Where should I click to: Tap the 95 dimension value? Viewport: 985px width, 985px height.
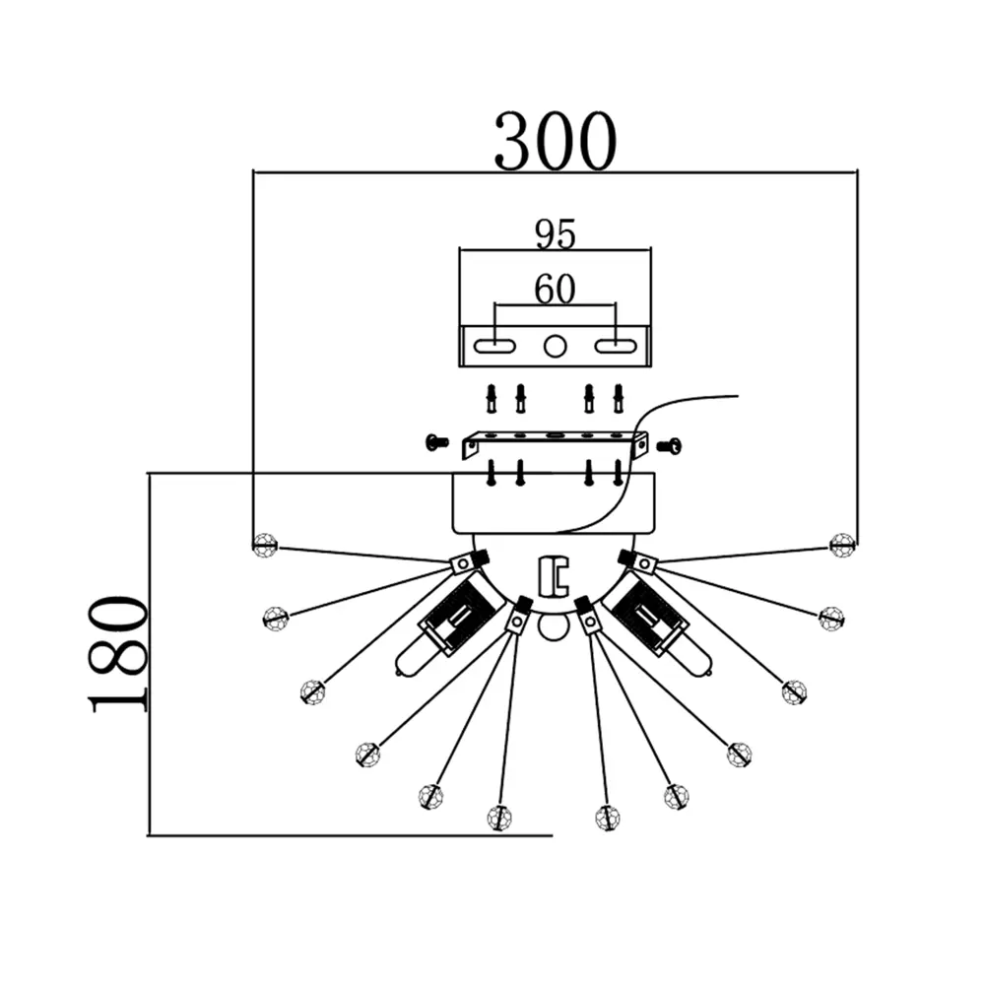[x=555, y=233]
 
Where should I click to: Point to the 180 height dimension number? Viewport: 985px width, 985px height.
[x=118, y=652]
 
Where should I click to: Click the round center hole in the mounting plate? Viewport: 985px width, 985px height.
[x=556, y=345]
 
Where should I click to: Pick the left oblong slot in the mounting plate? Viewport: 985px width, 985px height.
[x=494, y=345]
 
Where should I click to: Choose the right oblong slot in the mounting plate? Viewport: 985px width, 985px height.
[x=616, y=345]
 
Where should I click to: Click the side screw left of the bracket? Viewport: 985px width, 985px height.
[x=437, y=442]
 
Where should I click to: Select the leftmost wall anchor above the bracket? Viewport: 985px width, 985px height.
[x=492, y=399]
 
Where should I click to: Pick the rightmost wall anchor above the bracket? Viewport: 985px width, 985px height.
[x=619, y=399]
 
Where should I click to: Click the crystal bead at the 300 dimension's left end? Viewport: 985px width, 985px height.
[x=264, y=544]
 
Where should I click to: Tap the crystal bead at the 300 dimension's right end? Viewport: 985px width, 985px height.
[x=841, y=544]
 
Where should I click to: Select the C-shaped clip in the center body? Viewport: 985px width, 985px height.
[x=555, y=574]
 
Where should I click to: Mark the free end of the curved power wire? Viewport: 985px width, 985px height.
[x=737, y=397]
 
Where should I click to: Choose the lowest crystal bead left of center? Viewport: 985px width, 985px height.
[x=500, y=818]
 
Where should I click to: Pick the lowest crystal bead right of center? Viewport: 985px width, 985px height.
[x=608, y=818]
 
